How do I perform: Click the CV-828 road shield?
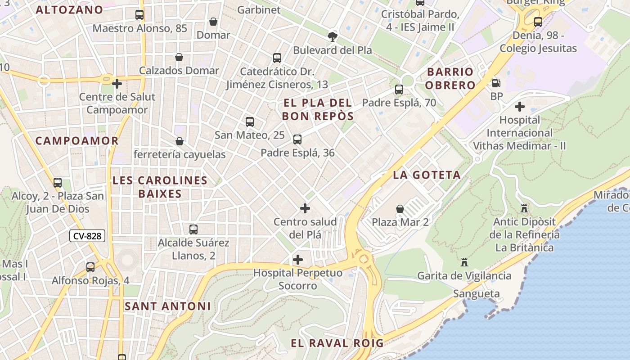87,236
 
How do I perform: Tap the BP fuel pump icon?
496,83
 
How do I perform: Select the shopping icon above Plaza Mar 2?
400,209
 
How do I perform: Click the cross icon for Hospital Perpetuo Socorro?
297,260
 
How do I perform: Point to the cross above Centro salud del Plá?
305,208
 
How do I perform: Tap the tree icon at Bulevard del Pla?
333,36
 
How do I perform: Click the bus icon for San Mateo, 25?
249,122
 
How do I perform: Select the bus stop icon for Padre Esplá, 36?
297,139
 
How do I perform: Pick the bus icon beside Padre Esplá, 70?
399,90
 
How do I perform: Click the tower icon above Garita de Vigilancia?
464,262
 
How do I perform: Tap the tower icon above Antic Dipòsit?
524,208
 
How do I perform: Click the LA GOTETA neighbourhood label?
427,175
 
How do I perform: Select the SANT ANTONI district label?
167,306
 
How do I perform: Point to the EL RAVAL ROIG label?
337,343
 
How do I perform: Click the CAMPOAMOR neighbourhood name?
77,141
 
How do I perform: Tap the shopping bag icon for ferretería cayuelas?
179,141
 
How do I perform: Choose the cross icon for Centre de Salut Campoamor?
117,84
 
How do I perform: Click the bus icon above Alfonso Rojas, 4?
90,267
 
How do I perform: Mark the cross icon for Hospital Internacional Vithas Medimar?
520,107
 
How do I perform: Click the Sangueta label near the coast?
476,294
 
